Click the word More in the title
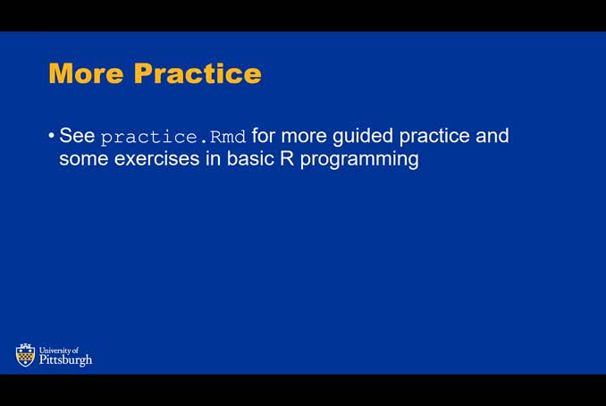click(86, 72)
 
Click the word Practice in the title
click(197, 72)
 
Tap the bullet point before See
click(51, 136)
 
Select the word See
click(77, 136)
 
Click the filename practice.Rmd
click(173, 137)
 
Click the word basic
click(256, 159)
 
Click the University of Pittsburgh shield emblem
click(25, 355)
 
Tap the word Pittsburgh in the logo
click(65, 359)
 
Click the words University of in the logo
click(59, 350)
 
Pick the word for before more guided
click(264, 136)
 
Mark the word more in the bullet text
click(305, 136)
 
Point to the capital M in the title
click(62, 72)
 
